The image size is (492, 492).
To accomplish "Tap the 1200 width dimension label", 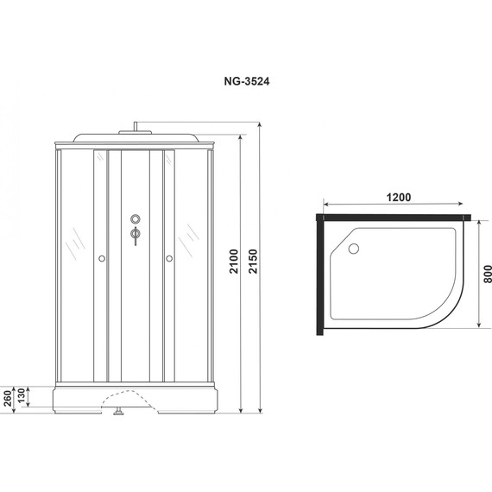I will [x=398, y=198].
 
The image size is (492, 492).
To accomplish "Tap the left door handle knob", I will [x=102, y=258].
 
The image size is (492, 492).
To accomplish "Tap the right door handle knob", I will [x=168, y=258].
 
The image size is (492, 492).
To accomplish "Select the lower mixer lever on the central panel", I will [x=135, y=235].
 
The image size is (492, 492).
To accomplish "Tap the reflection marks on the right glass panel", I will [x=187, y=237].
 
